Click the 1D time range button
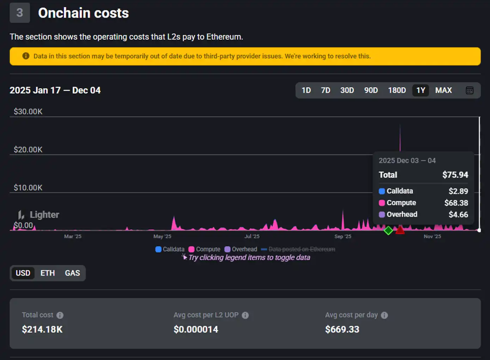pyautogui.click(x=306, y=91)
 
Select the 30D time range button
pyautogui.click(x=347, y=91)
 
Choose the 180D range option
pyautogui.click(x=397, y=91)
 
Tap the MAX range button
pyautogui.click(x=443, y=91)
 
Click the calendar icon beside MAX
pyautogui.click(x=470, y=91)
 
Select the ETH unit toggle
pyautogui.click(x=48, y=273)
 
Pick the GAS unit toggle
pyautogui.click(x=72, y=273)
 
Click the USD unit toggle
pyautogui.click(x=23, y=273)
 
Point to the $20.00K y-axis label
pyautogui.click(x=28, y=150)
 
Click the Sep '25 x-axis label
pyautogui.click(x=343, y=236)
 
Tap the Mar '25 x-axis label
pyautogui.click(x=73, y=236)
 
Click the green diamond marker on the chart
pyautogui.click(x=388, y=230)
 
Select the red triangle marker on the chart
pyautogui.click(x=400, y=230)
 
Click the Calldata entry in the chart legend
pyautogui.click(x=170, y=249)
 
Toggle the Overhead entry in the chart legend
pyautogui.click(x=241, y=249)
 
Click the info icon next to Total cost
pyautogui.click(x=60, y=315)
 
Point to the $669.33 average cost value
pyautogui.click(x=342, y=329)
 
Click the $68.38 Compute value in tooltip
pyautogui.click(x=456, y=203)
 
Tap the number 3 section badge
pyautogui.click(x=20, y=13)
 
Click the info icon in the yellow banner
pyautogui.click(x=26, y=56)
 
